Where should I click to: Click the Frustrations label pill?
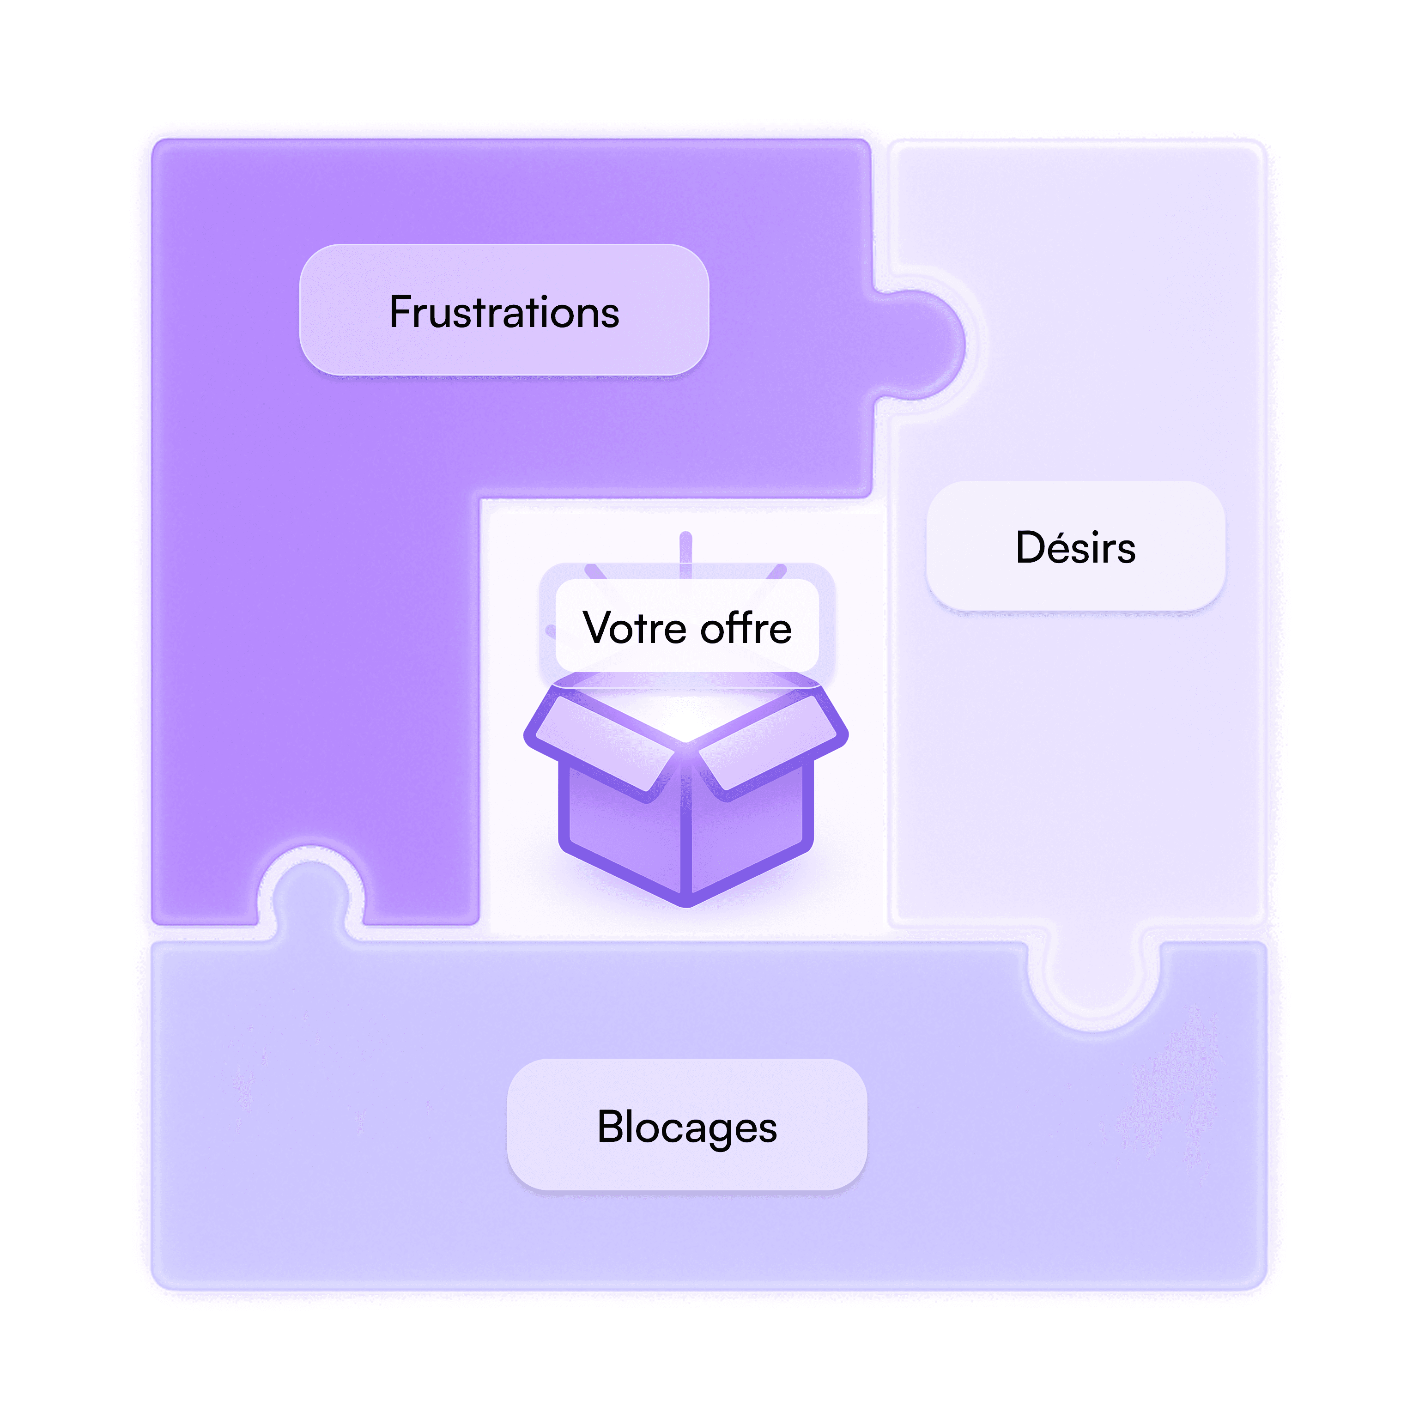click(504, 310)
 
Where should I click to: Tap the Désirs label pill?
click(1075, 546)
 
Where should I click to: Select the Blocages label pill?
click(687, 1124)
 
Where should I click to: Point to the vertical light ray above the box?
click(686, 554)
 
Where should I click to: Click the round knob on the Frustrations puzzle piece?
click(922, 345)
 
